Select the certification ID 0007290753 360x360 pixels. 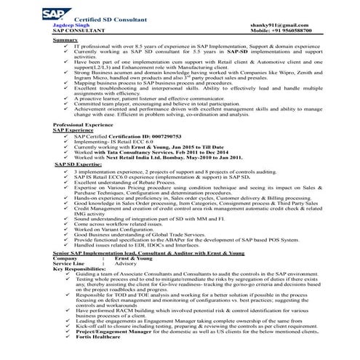151,136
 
